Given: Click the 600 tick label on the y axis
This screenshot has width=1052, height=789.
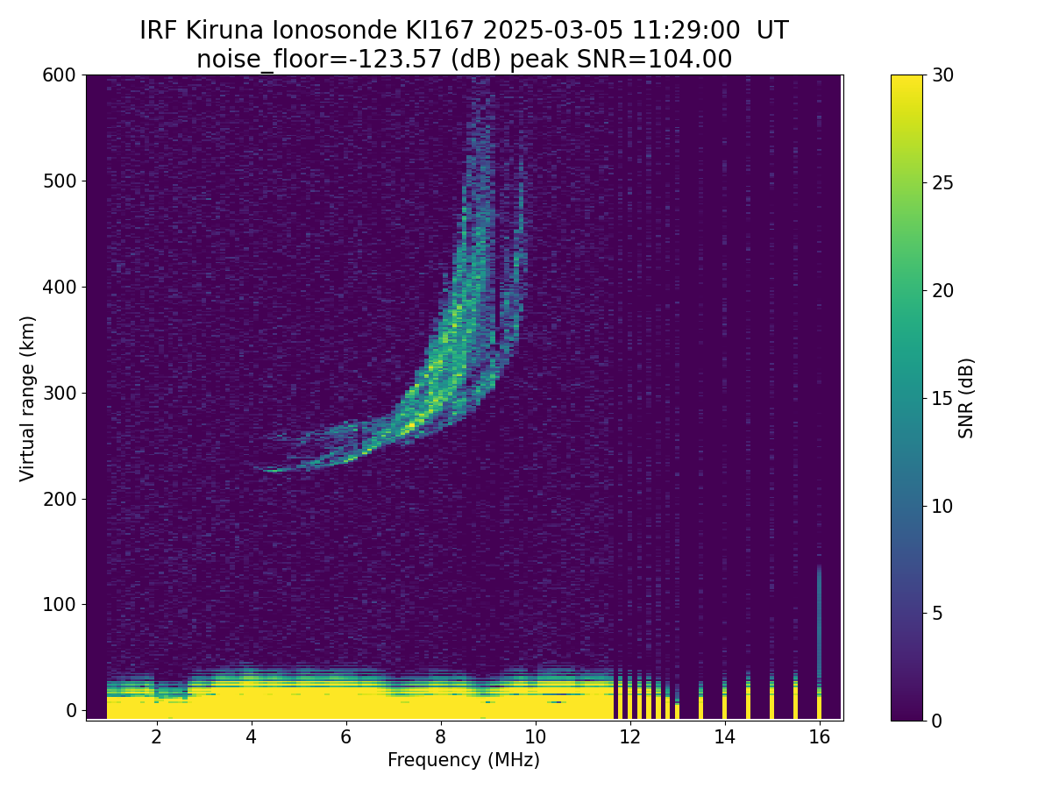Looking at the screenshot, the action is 59,75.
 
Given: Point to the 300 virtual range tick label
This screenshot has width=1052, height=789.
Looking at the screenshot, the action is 59,394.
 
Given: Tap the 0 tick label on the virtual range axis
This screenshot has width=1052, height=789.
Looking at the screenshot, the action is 71,710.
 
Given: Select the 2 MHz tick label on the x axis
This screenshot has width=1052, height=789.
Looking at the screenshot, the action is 156,736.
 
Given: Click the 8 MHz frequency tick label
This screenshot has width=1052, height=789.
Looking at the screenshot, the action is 440,736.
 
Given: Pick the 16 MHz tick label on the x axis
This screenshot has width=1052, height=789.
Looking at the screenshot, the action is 819,736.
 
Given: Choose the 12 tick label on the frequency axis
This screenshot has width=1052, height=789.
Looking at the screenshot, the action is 629,736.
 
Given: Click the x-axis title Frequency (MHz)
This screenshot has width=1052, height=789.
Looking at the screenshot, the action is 464,760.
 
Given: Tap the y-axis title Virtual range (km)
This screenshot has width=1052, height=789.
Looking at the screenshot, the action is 27,399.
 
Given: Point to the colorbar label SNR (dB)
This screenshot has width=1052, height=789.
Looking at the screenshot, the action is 965,399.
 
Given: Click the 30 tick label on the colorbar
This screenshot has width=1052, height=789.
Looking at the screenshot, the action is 942,75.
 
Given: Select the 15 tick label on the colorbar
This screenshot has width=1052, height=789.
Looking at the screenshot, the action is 942,398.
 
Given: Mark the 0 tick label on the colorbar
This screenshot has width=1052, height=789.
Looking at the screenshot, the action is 937,721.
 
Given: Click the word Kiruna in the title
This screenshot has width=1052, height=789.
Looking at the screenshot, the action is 224,31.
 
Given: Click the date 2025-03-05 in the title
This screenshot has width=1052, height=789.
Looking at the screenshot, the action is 553,31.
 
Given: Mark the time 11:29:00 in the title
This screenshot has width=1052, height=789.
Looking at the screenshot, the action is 686,31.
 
